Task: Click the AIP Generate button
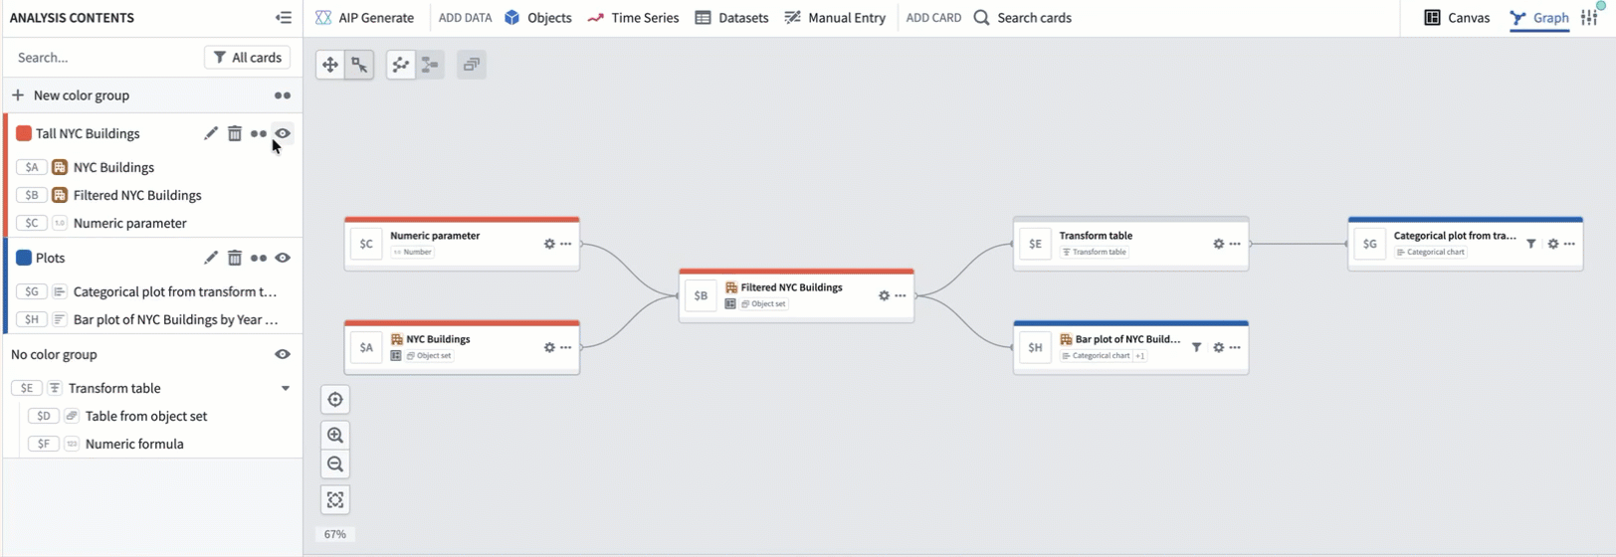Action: tap(364, 18)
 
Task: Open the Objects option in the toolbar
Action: tap(537, 18)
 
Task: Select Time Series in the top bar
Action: tap(633, 18)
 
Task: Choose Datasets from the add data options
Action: tap(731, 18)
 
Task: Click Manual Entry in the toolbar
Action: tap(835, 18)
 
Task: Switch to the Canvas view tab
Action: tap(1457, 18)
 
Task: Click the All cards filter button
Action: tap(248, 58)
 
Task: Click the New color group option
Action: tap(81, 95)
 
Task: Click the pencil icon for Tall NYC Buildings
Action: tap(211, 133)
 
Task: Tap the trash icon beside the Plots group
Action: tap(235, 258)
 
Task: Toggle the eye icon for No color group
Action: tap(283, 354)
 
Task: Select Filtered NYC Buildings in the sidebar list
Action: tap(137, 195)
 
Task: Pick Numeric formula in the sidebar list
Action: tap(134, 444)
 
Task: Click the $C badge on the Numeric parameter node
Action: tap(366, 244)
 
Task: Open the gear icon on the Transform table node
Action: tap(1218, 244)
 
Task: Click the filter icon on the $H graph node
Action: tap(1196, 347)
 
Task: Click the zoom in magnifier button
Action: tap(335, 435)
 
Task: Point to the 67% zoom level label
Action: tap(335, 534)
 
